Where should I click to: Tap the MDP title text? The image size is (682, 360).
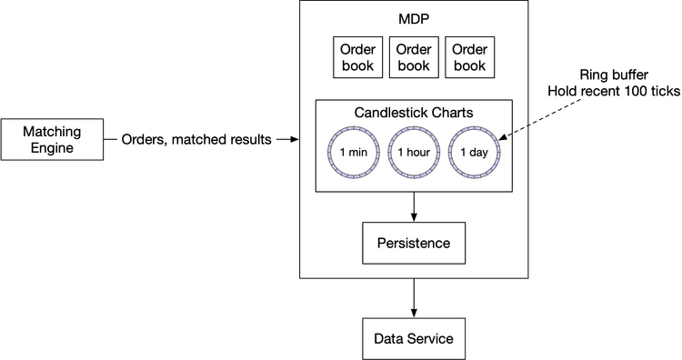(x=414, y=19)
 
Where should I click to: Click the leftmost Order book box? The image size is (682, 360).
(x=357, y=57)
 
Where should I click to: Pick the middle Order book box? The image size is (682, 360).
(x=413, y=57)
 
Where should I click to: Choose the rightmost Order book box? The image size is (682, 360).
(x=469, y=57)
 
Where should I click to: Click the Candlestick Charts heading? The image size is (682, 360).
(x=413, y=113)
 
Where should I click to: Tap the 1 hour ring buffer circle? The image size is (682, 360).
(x=414, y=152)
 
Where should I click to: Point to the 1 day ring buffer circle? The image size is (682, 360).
(x=473, y=152)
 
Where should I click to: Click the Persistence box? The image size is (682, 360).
(x=414, y=244)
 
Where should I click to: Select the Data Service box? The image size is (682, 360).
(x=414, y=339)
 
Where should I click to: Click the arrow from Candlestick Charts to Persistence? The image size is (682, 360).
(x=414, y=206)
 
